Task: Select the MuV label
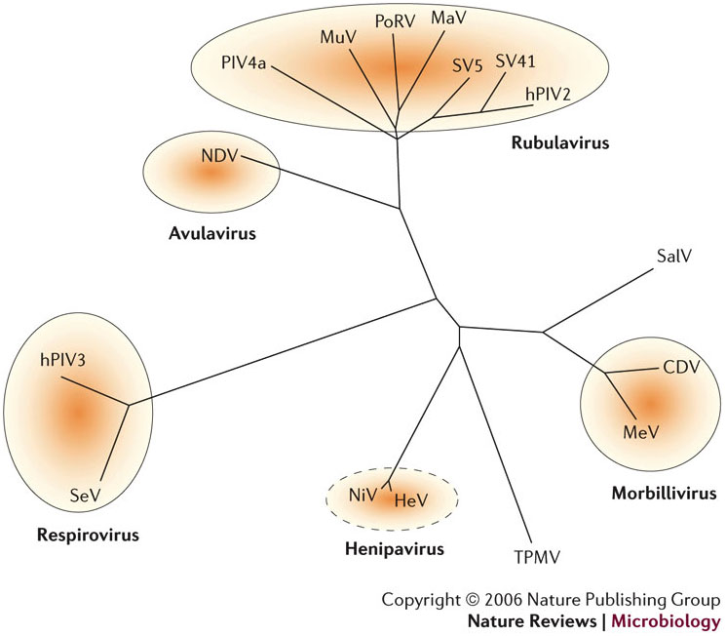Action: tap(337, 37)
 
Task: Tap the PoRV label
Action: tap(395, 19)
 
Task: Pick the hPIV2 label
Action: tap(548, 94)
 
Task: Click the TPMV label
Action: tap(536, 558)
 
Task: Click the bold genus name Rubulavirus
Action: tap(559, 143)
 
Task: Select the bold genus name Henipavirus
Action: tap(394, 549)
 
